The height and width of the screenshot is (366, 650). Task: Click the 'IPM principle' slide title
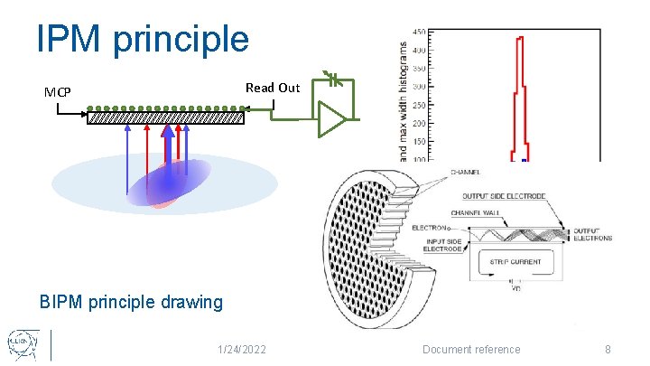pyautogui.click(x=142, y=39)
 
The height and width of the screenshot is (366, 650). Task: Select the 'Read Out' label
pyautogui.click(x=272, y=88)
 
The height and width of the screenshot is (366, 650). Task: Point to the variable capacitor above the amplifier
pyautogui.click(x=333, y=80)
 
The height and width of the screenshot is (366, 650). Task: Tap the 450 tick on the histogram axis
pyautogui.click(x=421, y=33)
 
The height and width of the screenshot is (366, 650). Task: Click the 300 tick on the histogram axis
pyautogui.click(x=421, y=87)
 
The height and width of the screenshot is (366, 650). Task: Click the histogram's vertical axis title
pyautogui.click(x=403, y=99)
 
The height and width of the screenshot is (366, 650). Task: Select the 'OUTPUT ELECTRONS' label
pyautogui.click(x=592, y=234)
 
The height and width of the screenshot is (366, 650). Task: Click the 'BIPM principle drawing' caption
pyautogui.click(x=131, y=302)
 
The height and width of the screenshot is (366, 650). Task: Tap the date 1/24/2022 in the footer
pyautogui.click(x=243, y=350)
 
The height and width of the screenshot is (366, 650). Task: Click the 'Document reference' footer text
pyautogui.click(x=472, y=350)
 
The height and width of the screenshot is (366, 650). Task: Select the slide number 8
pyautogui.click(x=608, y=350)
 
